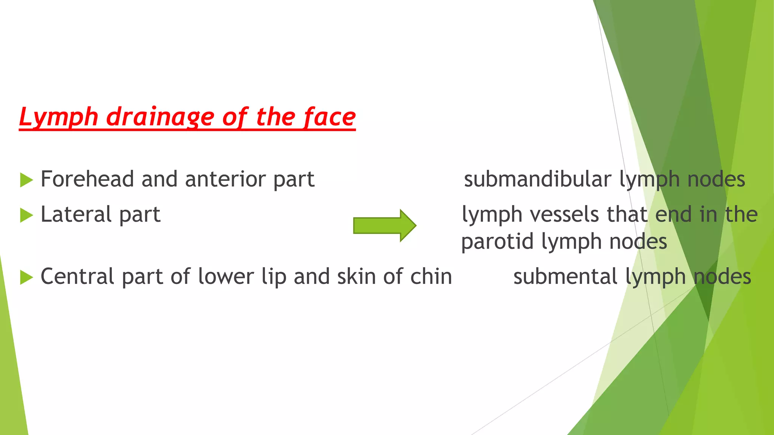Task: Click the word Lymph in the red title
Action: click(x=59, y=117)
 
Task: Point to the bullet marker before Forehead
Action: click(x=26, y=180)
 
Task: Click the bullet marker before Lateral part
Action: click(x=26, y=215)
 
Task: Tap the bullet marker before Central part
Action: click(x=26, y=277)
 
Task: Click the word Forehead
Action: click(x=87, y=179)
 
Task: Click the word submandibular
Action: click(x=537, y=179)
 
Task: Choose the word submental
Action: click(x=565, y=276)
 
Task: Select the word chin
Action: click(x=431, y=276)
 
